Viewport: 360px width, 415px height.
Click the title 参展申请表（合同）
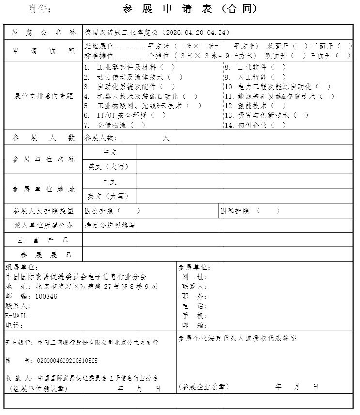coord(190,9)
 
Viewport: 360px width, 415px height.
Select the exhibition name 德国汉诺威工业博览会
coord(121,32)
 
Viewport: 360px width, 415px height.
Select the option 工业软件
coord(255,67)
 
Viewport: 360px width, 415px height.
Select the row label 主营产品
coord(44,240)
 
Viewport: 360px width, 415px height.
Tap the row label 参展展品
coord(44,255)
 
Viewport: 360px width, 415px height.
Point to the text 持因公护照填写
coord(110,225)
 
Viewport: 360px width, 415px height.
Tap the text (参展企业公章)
coord(203,386)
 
